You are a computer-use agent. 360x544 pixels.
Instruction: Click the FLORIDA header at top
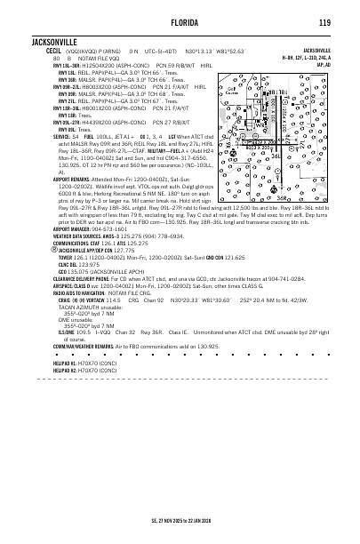180,21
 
